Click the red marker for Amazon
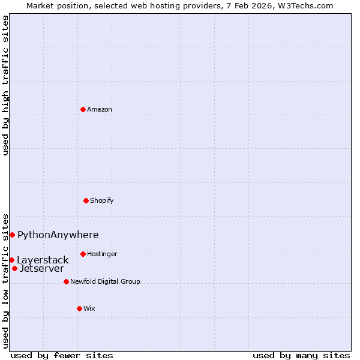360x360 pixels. point(83,109)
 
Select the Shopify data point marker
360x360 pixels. point(86,200)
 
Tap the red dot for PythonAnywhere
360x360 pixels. point(12,235)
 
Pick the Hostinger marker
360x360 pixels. point(83,254)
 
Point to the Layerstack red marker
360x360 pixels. point(11,260)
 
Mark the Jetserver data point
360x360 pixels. point(14,268)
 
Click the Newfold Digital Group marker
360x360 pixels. point(66,281)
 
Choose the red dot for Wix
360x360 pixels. point(79,308)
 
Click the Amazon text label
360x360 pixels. point(100,109)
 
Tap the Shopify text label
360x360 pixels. point(102,200)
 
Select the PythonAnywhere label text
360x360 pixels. point(58,235)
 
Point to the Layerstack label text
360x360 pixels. point(43,260)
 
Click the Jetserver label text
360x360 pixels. point(42,269)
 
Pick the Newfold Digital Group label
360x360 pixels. point(105,281)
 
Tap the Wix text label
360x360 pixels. point(89,308)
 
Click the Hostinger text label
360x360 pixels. point(102,254)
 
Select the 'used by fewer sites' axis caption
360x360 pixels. point(62,355)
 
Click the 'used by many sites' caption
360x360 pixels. point(301,355)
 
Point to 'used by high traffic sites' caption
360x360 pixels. point(5,85)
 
